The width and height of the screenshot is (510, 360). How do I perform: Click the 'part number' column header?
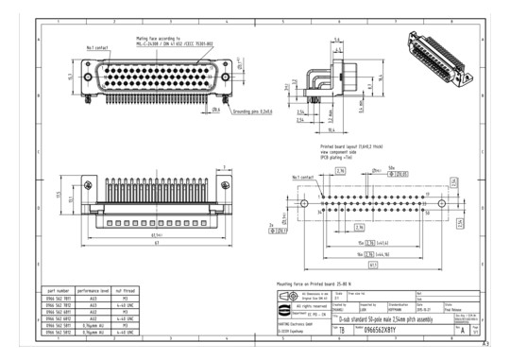coord(59,292)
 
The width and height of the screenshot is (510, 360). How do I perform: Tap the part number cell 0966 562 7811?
coord(59,299)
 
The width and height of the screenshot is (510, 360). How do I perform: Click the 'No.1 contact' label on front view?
coord(98,45)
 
